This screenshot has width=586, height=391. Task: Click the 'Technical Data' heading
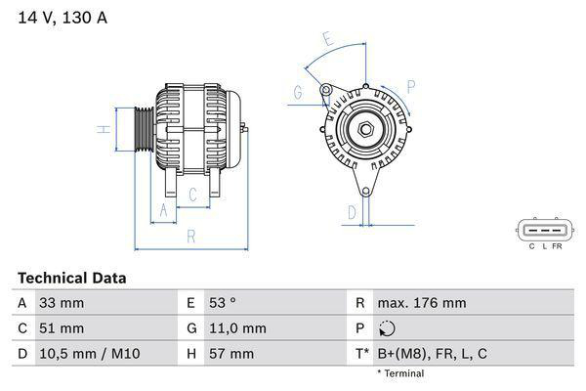[71, 278]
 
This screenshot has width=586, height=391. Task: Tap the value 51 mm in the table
[61, 328]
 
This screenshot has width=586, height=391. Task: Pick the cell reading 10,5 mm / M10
[87, 353]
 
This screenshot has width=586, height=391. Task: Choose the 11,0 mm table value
[238, 328]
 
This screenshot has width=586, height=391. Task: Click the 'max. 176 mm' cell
[421, 303]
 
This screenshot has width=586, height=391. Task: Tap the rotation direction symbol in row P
[386, 328]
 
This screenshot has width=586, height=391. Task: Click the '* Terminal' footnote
[400, 373]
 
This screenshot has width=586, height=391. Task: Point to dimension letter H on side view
[101, 128]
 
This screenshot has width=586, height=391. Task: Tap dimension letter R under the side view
[190, 236]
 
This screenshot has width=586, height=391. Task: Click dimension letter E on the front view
[329, 41]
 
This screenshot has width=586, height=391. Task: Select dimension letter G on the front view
[297, 94]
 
